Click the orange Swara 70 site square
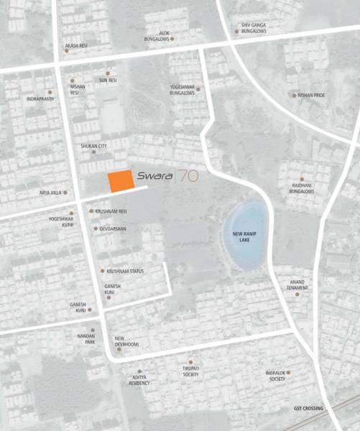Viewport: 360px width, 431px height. pyautogui.click(x=120, y=181)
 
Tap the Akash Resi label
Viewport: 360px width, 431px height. pyautogui.click(x=75, y=45)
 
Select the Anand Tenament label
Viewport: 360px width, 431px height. pyautogui.click(x=298, y=285)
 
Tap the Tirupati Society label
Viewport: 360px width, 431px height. pyautogui.click(x=190, y=373)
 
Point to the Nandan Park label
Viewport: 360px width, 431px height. pyautogui.click(x=86, y=340)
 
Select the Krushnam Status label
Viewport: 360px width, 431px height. pyautogui.click(x=126, y=272)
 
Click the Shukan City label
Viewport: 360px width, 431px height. pyautogui.click(x=94, y=146)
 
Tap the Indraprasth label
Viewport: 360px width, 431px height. pyautogui.click(x=40, y=99)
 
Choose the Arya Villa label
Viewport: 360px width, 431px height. pyautogui.click(x=51, y=193)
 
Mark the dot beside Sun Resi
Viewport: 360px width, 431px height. pyautogui.click(x=108, y=73)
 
